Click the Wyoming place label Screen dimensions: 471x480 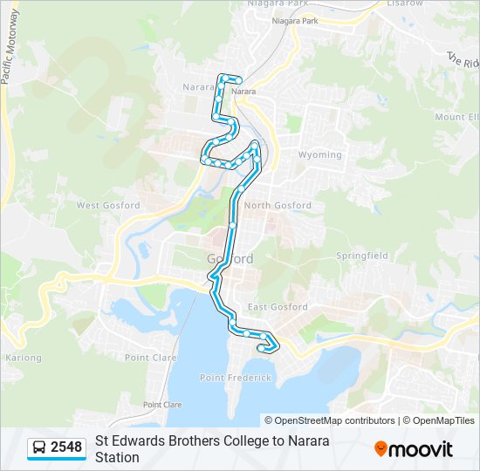pos(320,154)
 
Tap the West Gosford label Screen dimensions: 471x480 pos(108,205)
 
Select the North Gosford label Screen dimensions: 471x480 pos(278,205)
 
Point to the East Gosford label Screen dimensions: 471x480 pos(278,307)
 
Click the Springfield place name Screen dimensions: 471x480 pos(362,256)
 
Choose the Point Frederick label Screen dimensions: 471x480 pos(236,378)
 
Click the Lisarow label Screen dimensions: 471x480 pos(405,3)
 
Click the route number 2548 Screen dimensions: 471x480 pos(66,447)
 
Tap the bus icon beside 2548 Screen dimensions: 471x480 pos(39,447)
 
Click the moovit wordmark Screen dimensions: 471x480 pos(422,449)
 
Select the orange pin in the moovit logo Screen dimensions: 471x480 pos(381,448)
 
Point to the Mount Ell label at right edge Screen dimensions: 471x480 pos(457,117)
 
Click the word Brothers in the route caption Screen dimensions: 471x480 pos(175,440)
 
